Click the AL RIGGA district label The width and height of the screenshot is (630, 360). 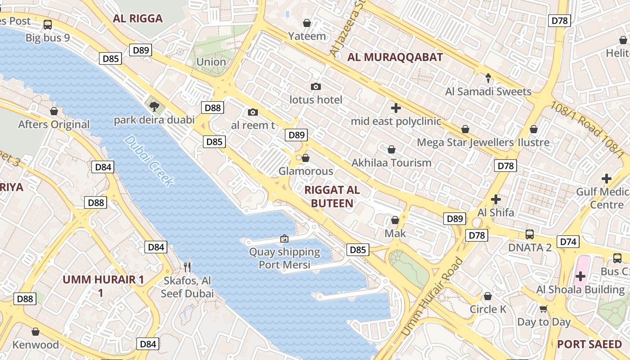[x=137, y=18]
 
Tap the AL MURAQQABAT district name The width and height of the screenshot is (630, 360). [x=395, y=57]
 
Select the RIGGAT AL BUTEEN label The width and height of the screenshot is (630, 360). [x=332, y=197]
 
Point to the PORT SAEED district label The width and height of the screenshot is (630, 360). [x=589, y=344]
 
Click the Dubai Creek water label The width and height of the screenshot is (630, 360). [x=149, y=161]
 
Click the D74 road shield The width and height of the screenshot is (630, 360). [x=568, y=242]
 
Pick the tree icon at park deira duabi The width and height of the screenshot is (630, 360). [x=154, y=107]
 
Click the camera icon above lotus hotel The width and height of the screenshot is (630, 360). [x=316, y=86]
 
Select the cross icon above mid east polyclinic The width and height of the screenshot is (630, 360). [x=396, y=108]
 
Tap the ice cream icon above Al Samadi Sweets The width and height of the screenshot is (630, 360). [x=488, y=78]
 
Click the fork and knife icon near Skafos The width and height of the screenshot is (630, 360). [x=187, y=267]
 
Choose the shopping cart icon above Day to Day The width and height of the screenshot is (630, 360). [x=544, y=309]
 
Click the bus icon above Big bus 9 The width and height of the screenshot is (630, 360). [x=47, y=24]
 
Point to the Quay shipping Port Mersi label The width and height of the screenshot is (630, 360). [x=284, y=258]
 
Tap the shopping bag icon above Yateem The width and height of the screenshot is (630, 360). [x=307, y=22]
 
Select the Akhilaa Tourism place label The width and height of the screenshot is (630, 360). [x=391, y=163]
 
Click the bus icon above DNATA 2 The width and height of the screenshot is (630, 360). [x=530, y=234]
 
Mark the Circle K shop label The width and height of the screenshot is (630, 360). [x=488, y=309]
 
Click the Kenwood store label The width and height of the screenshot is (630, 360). [x=36, y=345]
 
